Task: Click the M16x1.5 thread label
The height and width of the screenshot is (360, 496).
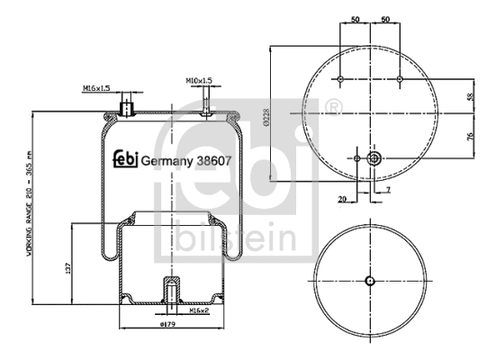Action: point(96,88)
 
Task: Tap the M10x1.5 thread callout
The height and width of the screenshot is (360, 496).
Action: point(199,80)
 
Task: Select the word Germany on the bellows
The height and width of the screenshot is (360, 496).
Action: point(163,162)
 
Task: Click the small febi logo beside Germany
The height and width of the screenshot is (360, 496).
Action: point(124,161)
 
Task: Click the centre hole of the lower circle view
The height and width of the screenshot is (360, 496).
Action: point(369,280)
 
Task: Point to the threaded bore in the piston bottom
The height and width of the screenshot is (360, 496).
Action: point(168,293)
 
